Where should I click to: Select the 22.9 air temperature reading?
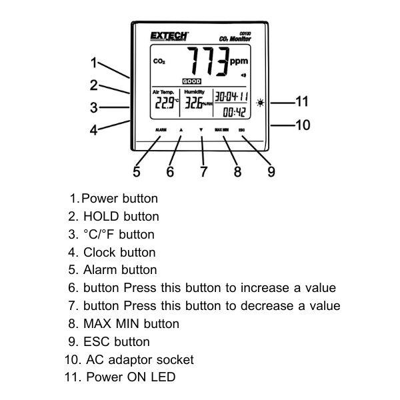coord(165,103)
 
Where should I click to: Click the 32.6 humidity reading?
coord(195,103)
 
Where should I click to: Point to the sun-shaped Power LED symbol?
coord(260,103)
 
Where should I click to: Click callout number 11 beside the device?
coord(301,102)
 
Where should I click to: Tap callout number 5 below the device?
coord(137,172)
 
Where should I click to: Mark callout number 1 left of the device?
coord(95,64)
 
